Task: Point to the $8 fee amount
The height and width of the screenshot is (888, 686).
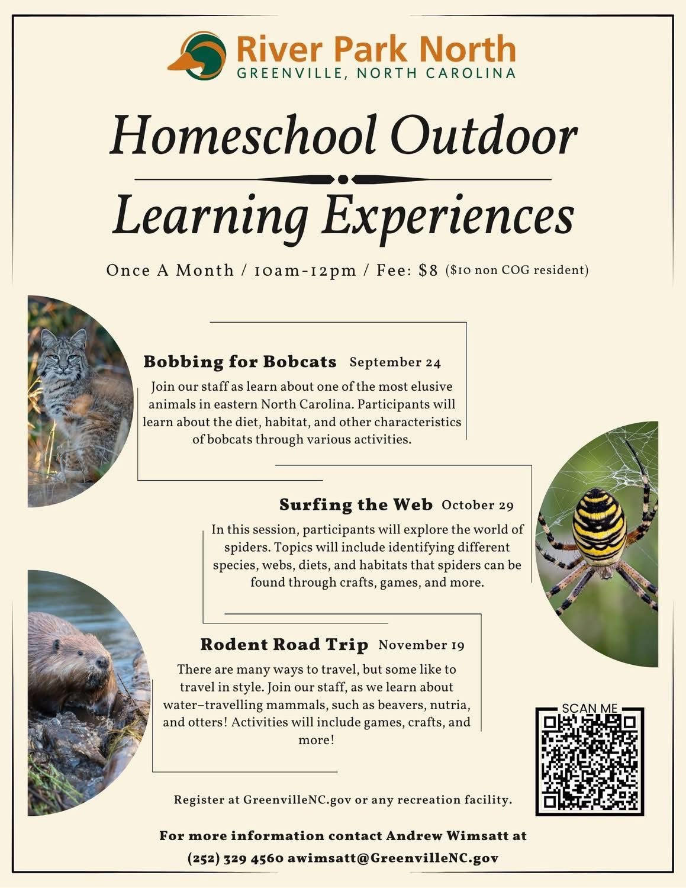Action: coord(428,271)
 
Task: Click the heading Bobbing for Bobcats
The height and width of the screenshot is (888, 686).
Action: coord(240,362)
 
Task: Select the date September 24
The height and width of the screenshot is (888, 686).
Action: coord(395,362)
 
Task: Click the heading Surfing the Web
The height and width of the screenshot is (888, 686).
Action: coord(356,505)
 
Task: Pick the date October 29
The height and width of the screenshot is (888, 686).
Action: coord(477,505)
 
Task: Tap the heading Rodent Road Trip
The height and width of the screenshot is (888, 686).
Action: coord(284,645)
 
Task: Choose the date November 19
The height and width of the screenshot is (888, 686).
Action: coord(421,645)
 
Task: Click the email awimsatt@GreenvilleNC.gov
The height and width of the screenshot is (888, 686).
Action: coord(393,858)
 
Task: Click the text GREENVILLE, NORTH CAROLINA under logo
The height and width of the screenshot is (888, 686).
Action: coord(376,73)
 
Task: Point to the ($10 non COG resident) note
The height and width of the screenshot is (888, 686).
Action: coord(517,271)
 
